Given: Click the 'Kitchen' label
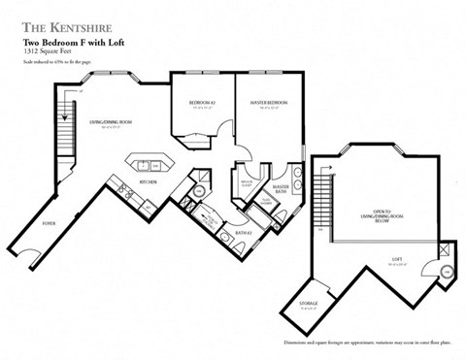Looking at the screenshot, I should [x=149, y=181].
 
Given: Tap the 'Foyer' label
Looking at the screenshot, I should [x=48, y=222].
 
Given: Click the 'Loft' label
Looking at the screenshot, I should [x=396, y=259].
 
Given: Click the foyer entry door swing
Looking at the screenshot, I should [x=31, y=258].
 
